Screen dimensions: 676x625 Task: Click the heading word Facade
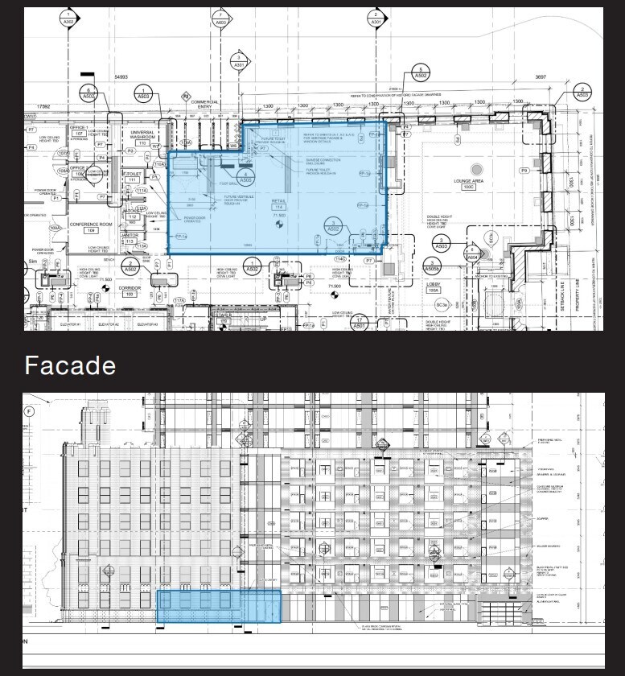70,365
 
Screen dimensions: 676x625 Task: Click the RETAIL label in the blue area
279,201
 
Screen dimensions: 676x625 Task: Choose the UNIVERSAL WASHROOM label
142,135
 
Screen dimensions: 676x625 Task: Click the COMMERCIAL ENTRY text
205,105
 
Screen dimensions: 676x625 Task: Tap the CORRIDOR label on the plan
130,287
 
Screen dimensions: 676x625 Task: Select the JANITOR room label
130,234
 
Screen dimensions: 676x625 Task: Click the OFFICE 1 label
78,128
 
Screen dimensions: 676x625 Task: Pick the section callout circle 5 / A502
420,72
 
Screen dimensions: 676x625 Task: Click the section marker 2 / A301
376,19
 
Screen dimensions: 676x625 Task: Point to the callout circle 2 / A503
582,92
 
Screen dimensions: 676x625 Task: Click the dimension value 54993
121,76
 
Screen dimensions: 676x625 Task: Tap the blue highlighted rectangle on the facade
219,606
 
